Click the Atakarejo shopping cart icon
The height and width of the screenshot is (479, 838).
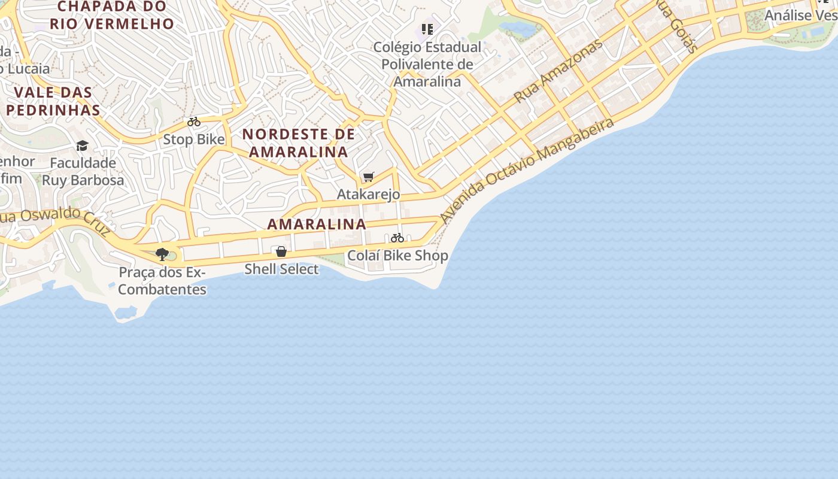coord(369,177)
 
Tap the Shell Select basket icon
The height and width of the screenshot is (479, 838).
coord(281,251)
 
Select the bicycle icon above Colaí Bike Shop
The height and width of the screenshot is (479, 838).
coord(397,238)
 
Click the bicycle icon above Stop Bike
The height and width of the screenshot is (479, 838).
coord(194,122)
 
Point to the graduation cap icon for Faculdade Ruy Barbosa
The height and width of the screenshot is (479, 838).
coord(82,145)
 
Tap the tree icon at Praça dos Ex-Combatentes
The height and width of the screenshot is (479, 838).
coord(162,254)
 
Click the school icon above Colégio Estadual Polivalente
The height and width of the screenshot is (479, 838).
coord(427,29)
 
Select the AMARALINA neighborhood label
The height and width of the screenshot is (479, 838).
coord(317,225)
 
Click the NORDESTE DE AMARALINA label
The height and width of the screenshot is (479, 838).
coord(299,143)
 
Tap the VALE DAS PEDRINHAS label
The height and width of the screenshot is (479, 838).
coord(53,101)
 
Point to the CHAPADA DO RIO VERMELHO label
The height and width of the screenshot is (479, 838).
coord(112,15)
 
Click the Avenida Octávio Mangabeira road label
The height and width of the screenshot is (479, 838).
coord(527,170)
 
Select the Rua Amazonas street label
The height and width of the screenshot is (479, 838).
coord(558,71)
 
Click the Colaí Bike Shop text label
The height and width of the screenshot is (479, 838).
coord(397,256)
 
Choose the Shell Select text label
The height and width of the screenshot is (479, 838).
coord(281,269)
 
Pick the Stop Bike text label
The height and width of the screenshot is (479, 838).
coord(194,140)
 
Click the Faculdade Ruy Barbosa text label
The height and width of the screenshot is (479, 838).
coord(83,171)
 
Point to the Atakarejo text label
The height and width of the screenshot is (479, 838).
coord(368,195)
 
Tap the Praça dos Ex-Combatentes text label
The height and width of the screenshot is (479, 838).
coord(162,281)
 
